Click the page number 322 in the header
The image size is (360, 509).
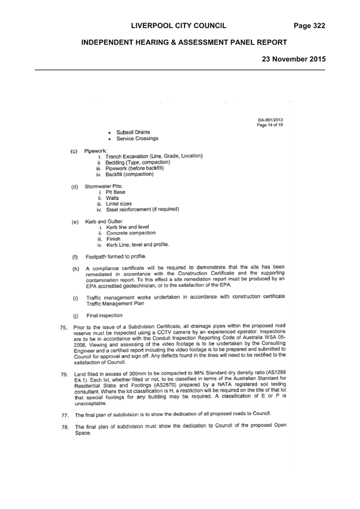pyautogui.click(x=319, y=26)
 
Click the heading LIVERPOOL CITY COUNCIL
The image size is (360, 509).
pyautogui.click(x=179, y=26)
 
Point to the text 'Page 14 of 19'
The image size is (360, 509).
pyautogui.click(x=270, y=125)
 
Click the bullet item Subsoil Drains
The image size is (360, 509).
pyautogui.click(x=133, y=132)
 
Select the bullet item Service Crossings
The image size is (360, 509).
pyautogui.click(x=137, y=138)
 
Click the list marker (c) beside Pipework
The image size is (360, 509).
pyautogui.click(x=74, y=151)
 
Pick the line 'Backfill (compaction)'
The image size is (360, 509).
pyautogui.click(x=130, y=174)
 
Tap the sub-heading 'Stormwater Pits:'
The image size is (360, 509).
pyautogui.click(x=104, y=186)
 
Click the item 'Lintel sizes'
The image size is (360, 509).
pyautogui.click(x=119, y=204)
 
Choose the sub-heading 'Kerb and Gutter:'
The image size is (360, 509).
pyautogui.click(x=104, y=221)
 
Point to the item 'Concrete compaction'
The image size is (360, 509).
pyautogui.click(x=131, y=233)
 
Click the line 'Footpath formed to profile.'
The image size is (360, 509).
pyautogui.click(x=116, y=257)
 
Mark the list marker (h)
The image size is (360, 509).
pyautogui.click(x=76, y=269)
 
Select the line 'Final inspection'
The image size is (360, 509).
pyautogui.click(x=105, y=315)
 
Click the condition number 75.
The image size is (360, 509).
pyautogui.click(x=63, y=328)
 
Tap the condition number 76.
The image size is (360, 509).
pyautogui.click(x=65, y=374)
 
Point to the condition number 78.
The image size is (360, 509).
pyautogui.click(x=65, y=427)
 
